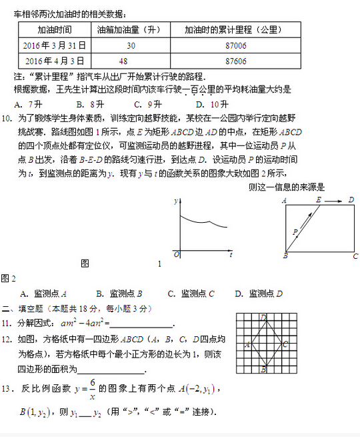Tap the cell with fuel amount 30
coord(130,45)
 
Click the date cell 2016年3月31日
coord(55,45)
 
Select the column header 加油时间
coord(55,29)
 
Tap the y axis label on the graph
coord(175,201)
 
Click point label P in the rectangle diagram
coord(294,232)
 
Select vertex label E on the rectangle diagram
coord(319,199)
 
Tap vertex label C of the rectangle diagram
coord(355,256)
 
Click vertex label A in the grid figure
coord(247,345)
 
